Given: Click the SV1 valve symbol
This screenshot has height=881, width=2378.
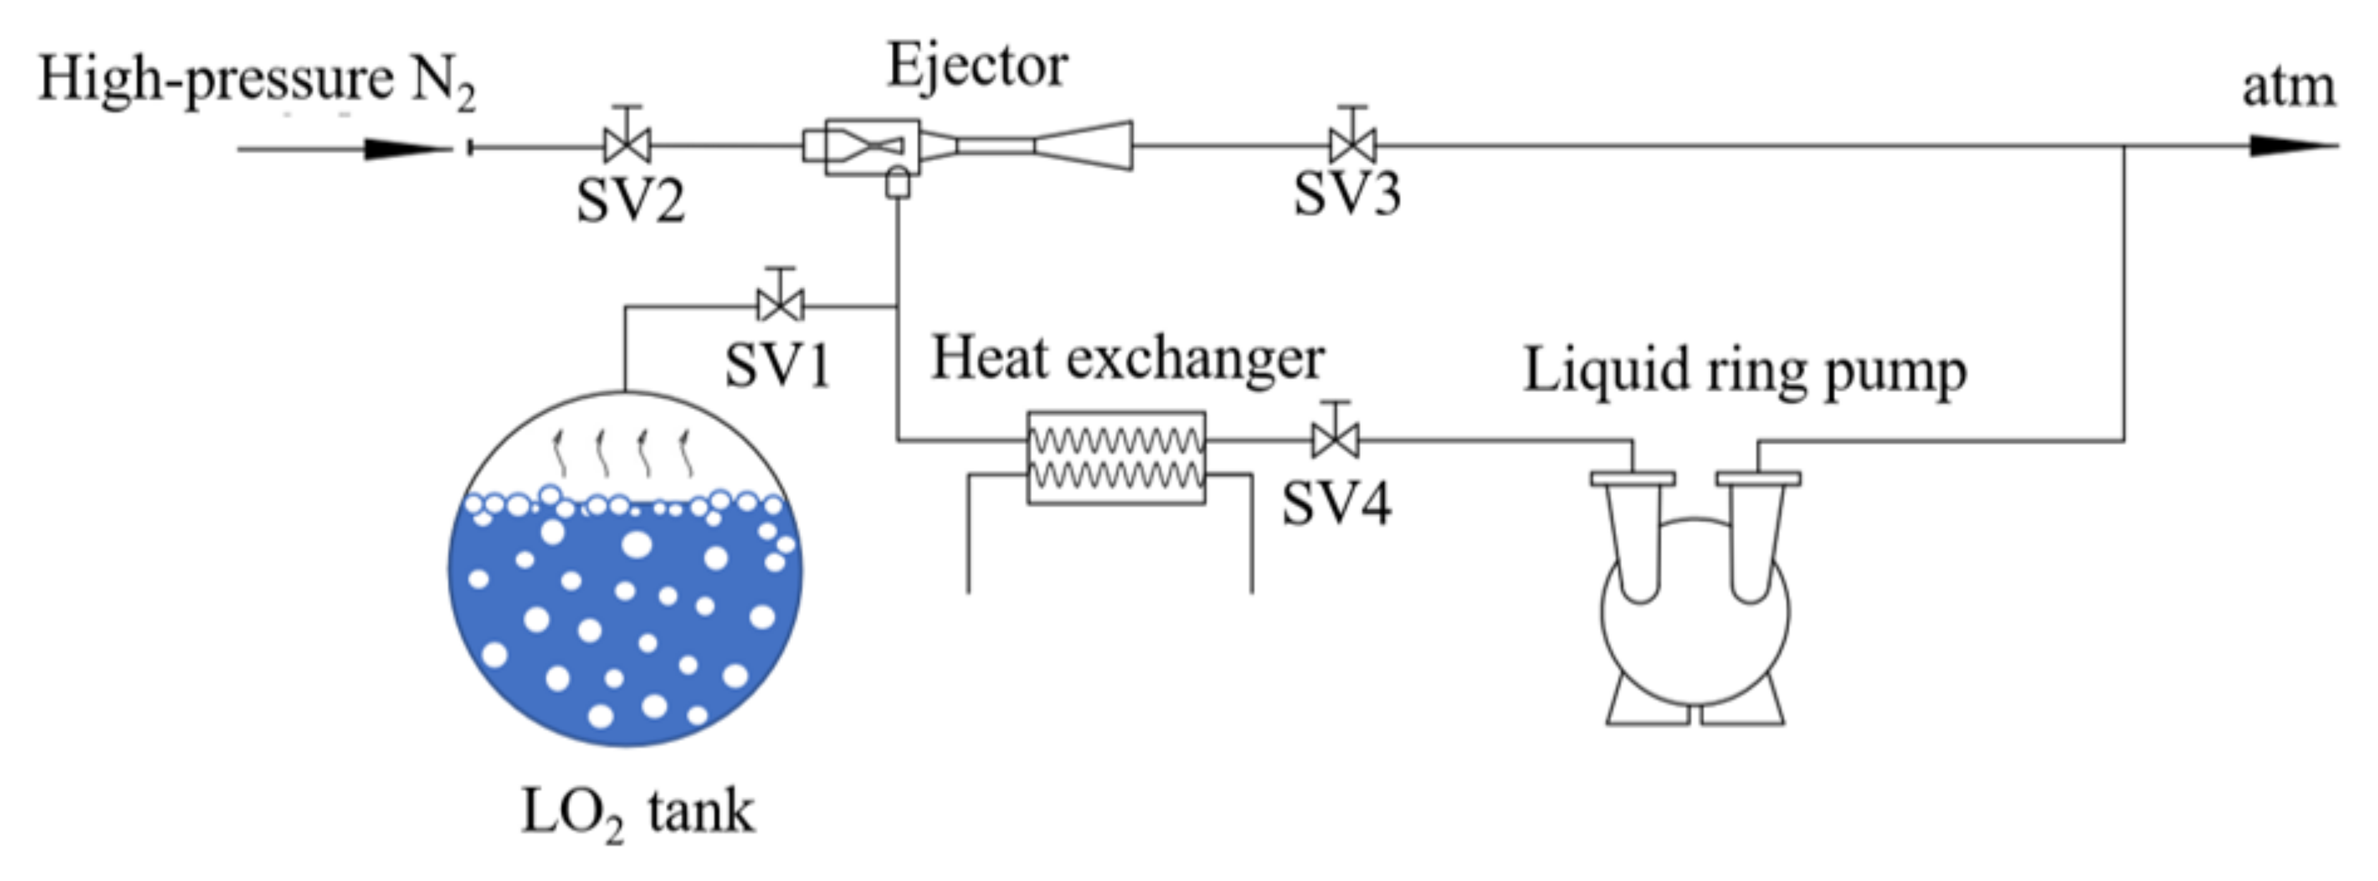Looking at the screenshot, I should click(780, 304).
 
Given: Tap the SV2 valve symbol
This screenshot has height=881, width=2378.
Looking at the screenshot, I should click(628, 145).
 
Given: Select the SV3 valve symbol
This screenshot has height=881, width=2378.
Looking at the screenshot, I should click(1352, 145).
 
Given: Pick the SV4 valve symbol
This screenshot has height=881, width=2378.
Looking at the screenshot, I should click(1335, 440).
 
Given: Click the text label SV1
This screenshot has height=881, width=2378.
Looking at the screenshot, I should click(778, 365).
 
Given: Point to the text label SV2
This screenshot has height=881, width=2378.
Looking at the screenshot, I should click(630, 201).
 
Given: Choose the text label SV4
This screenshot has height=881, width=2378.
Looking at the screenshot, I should click(1336, 504).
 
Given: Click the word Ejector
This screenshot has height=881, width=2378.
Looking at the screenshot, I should click(977, 66).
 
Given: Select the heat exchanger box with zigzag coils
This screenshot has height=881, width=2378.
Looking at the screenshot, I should click(1116, 458).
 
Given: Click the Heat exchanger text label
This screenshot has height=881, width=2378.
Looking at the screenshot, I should click(1127, 358).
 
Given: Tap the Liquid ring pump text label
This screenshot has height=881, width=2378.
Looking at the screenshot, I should click(1744, 371).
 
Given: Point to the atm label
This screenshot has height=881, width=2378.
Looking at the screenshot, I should click(2288, 88).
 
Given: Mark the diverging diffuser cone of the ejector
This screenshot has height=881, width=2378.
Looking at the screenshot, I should click(1084, 146).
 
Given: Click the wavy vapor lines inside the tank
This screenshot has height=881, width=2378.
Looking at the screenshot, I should click(622, 452).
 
